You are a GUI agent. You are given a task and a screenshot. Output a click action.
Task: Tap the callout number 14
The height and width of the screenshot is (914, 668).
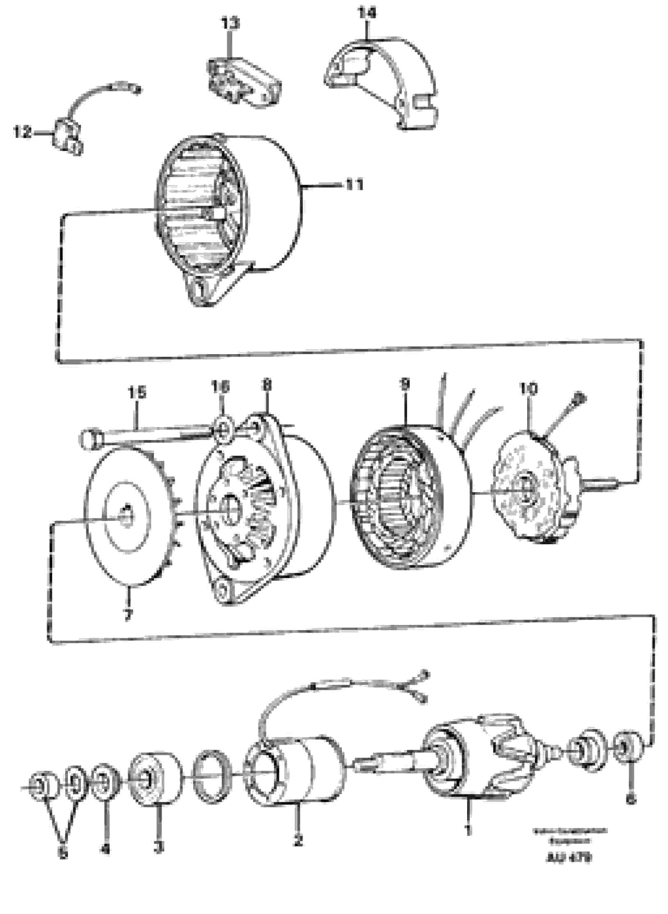point(366,14)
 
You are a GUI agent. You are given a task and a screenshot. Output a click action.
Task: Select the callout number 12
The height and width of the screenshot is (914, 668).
point(22,133)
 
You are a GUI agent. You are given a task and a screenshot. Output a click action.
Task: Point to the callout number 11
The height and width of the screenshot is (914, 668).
point(354,185)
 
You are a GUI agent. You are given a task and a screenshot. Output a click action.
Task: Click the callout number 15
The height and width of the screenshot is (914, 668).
point(137,393)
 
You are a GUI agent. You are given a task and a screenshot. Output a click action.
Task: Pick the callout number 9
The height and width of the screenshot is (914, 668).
point(404,385)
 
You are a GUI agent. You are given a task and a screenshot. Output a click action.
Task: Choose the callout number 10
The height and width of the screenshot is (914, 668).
point(529,389)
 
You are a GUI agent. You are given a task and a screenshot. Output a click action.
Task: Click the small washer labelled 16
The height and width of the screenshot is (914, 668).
point(221,430)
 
